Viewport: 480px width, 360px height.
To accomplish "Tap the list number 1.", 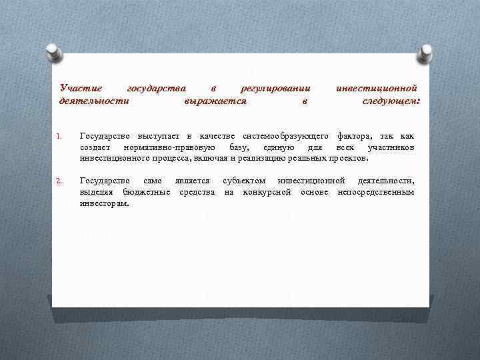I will pyautogui.click(x=59, y=138).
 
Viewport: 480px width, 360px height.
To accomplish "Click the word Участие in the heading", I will pyautogui.click(x=81, y=88).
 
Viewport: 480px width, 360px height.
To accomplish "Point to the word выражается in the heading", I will pyautogui.click(x=215, y=101).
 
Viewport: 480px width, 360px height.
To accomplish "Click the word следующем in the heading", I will pyautogui.click(x=391, y=101).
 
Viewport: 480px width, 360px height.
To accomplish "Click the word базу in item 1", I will pyautogui.click(x=239, y=147).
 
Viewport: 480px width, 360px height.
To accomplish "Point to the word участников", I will pyautogui.click(x=391, y=147).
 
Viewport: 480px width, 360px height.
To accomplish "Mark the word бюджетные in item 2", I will pyautogui.click(x=151, y=192).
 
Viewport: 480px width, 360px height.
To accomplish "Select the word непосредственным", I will pyautogui.click(x=376, y=192).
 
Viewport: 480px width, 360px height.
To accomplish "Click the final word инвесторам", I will pyautogui.click(x=105, y=203).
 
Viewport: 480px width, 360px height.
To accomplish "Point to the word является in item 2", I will pyautogui.click(x=192, y=181).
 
